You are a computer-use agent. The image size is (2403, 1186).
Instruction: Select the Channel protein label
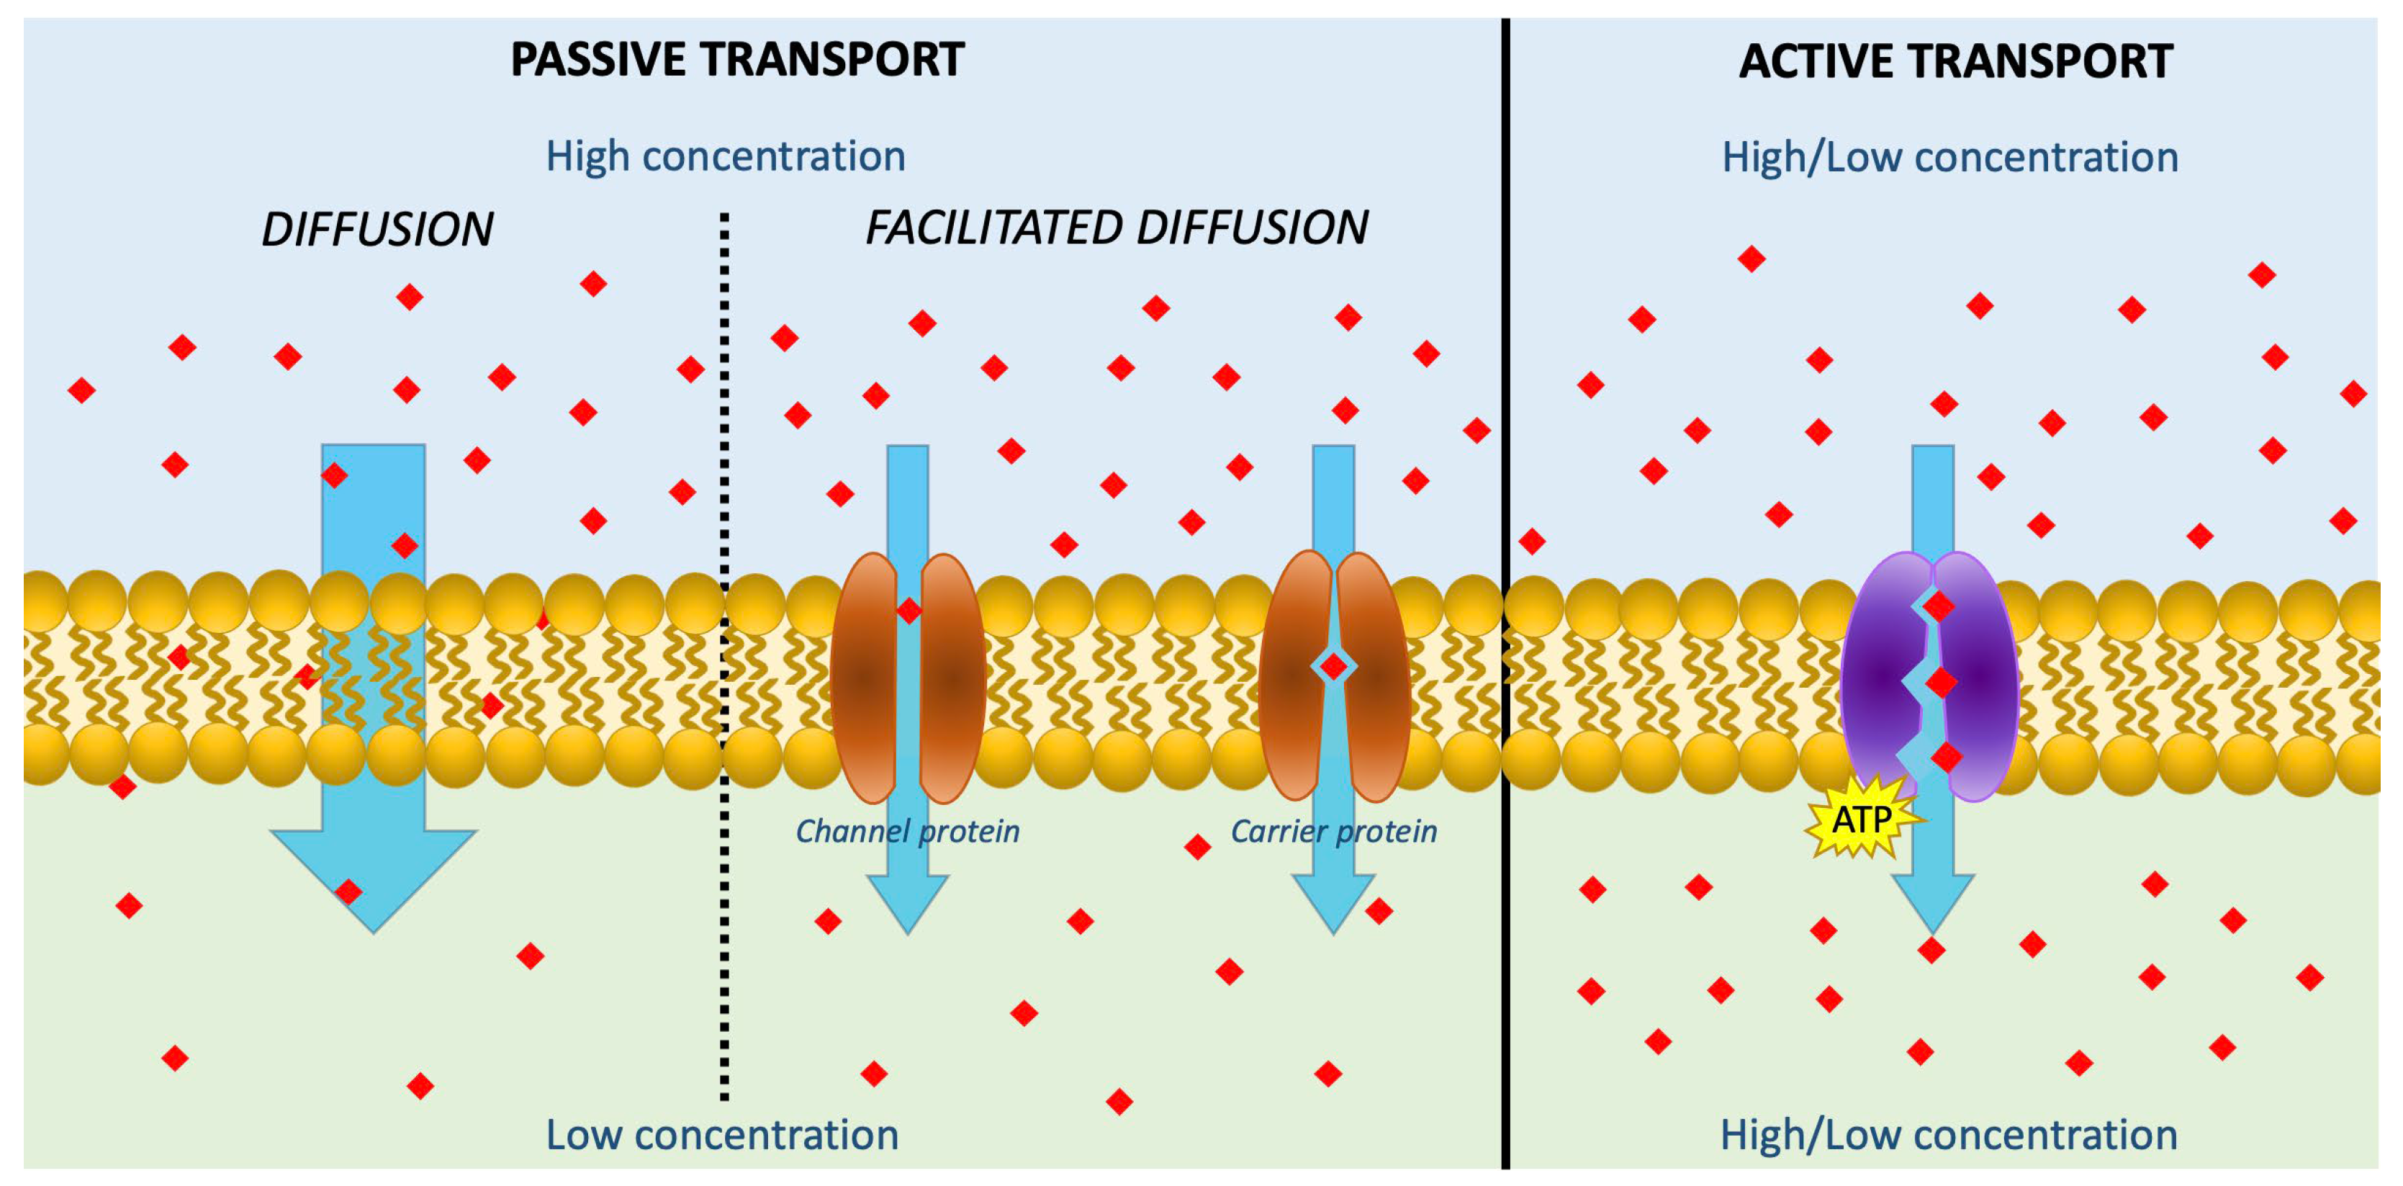tap(907, 830)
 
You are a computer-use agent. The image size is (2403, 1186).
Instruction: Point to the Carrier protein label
tap(1334, 830)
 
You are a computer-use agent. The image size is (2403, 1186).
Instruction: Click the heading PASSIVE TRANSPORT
tap(737, 60)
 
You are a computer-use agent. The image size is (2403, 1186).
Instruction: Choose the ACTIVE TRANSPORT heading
tap(1956, 62)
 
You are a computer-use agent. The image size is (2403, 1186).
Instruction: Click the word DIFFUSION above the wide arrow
tap(377, 230)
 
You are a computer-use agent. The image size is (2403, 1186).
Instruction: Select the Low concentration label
tap(722, 1136)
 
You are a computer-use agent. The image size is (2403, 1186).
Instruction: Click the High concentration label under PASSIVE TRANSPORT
tap(726, 156)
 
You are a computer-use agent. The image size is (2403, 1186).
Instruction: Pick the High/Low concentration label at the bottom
tap(1949, 1136)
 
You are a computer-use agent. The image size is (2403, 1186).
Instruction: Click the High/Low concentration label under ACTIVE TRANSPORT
tap(1949, 157)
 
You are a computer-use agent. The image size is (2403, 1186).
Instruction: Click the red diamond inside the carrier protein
tap(1334, 666)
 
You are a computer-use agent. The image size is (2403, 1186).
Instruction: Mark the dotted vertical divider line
tap(725, 653)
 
